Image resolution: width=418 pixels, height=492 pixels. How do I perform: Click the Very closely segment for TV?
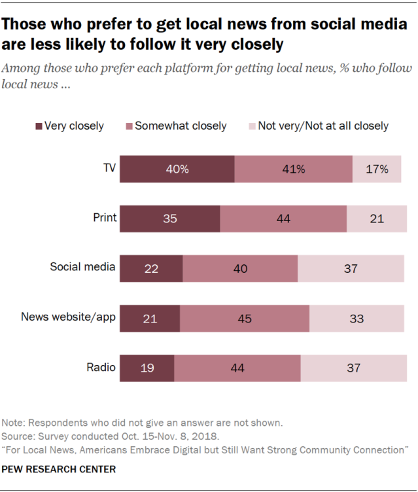pyautogui.click(x=177, y=169)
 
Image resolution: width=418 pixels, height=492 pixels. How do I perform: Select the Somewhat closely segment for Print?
pyautogui.click(x=283, y=219)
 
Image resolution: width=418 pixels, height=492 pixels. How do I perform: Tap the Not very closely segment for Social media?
pyautogui.click(x=351, y=268)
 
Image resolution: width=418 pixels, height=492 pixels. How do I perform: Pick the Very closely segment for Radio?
pyautogui.click(x=147, y=368)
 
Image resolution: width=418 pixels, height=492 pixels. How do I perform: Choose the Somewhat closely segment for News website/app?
pyautogui.click(x=245, y=318)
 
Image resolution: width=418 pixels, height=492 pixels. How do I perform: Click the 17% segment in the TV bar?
pyautogui.click(x=377, y=169)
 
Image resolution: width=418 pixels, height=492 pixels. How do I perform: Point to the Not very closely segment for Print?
pyautogui.click(x=377, y=219)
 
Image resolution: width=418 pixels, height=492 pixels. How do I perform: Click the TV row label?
pyautogui.click(x=109, y=168)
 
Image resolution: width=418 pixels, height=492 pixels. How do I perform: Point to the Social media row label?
pyautogui.click(x=83, y=267)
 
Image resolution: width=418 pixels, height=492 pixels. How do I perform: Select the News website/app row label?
pyautogui.click(x=68, y=317)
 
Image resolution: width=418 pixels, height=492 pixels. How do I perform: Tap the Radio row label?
pyautogui.click(x=101, y=367)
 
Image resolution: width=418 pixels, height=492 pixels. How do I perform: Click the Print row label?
pyautogui.click(x=105, y=218)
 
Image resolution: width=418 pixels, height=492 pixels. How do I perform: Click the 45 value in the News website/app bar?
pyautogui.click(x=245, y=318)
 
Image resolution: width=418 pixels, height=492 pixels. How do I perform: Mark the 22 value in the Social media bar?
pyautogui.click(x=150, y=268)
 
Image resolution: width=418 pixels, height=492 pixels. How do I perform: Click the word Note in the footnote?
pyautogui.click(x=13, y=423)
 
